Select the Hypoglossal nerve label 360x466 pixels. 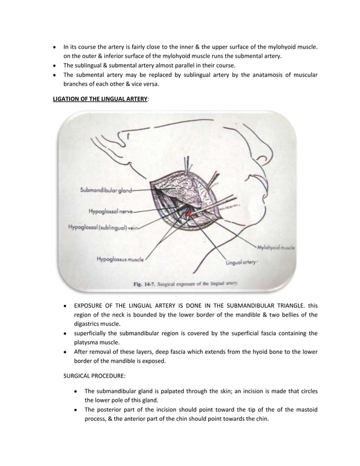(111, 212)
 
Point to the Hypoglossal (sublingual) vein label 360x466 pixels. (102, 228)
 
